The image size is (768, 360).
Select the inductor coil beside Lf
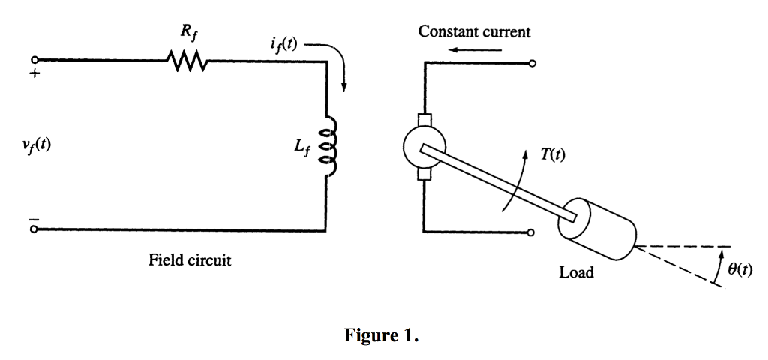click(x=327, y=147)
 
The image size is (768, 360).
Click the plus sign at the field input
click(x=34, y=73)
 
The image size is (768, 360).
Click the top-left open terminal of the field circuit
click(x=34, y=61)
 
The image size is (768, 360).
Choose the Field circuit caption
click(x=190, y=260)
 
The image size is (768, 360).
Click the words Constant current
click(x=474, y=31)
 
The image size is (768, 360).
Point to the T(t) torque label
click(x=553, y=155)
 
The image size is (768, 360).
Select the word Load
click(x=576, y=272)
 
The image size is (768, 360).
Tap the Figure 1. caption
click(x=381, y=335)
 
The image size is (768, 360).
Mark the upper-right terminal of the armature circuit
click(x=532, y=64)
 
